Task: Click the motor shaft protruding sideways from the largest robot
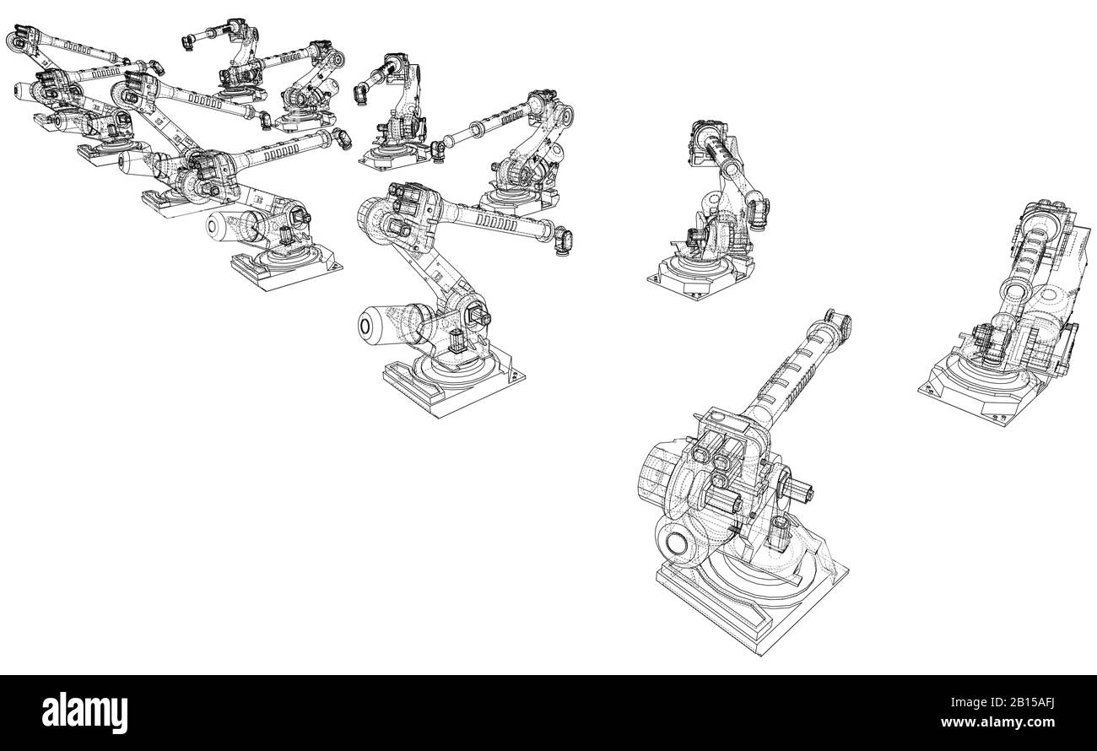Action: [x=801, y=489]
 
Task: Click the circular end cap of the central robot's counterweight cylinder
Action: [x=368, y=324]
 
